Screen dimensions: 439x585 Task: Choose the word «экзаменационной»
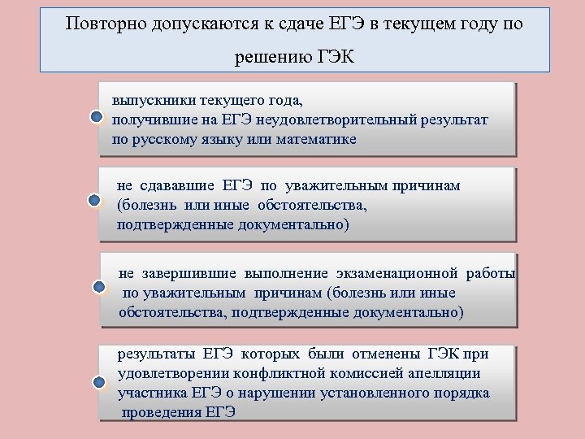[x=396, y=273]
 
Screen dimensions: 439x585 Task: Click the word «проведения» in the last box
[x=162, y=411]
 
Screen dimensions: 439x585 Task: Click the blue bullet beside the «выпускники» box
[x=97, y=119]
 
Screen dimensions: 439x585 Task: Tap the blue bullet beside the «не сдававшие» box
[x=95, y=200]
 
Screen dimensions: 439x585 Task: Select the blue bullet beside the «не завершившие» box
[x=99, y=287]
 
